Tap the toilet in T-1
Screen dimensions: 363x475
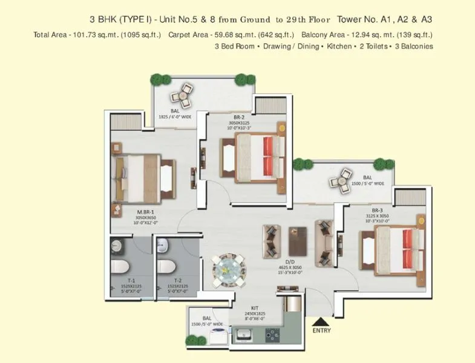[x=120, y=267]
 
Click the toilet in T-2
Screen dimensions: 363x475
[x=166, y=267]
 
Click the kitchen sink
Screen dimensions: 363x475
[x=247, y=333]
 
